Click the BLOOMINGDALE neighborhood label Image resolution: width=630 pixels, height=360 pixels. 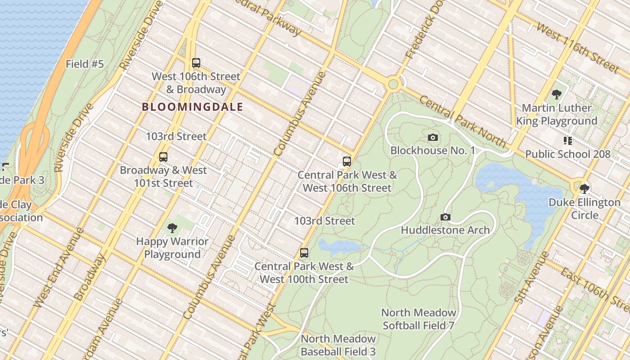point(192,107)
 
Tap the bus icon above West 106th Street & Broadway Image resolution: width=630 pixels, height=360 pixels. point(196,63)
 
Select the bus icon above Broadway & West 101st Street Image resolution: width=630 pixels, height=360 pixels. point(163,157)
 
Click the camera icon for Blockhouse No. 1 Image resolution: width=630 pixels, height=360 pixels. point(432,137)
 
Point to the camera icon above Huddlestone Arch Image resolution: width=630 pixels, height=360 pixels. point(445,217)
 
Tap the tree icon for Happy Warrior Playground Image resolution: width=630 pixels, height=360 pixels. point(172,228)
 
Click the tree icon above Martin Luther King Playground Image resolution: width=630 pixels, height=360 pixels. point(556,94)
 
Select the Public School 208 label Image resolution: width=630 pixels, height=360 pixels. point(567,154)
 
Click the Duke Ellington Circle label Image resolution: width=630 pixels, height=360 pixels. point(584,208)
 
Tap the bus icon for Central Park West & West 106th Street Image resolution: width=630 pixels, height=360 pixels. point(346,161)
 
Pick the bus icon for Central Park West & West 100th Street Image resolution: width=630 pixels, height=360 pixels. point(304,252)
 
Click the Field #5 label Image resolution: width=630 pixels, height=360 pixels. point(85,64)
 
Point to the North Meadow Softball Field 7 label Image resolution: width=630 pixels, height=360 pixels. point(418,319)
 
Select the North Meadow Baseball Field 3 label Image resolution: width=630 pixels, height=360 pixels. point(338,345)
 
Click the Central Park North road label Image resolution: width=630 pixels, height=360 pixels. point(463,121)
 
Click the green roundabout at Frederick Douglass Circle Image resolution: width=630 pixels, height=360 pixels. point(394,84)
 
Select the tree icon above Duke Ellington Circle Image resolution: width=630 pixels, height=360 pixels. point(584,188)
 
